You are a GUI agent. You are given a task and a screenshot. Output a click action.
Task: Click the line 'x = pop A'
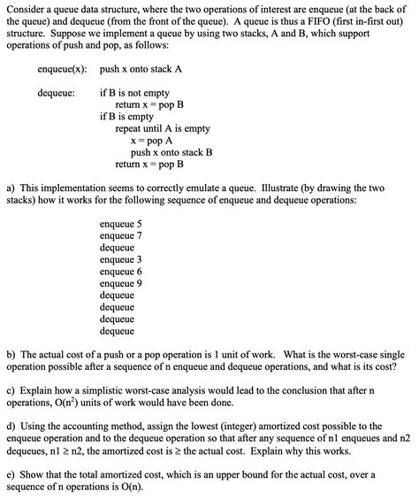tap(151, 140)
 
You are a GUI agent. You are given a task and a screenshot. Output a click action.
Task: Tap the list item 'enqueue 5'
tap(121, 224)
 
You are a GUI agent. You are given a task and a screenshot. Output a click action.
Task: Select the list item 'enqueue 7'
tap(121, 236)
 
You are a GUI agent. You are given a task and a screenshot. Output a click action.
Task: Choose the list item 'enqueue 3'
tap(121, 260)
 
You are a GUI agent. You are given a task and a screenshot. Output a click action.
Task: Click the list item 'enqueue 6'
tap(121, 272)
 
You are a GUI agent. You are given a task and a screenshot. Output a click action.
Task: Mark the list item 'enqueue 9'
tap(121, 283)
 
